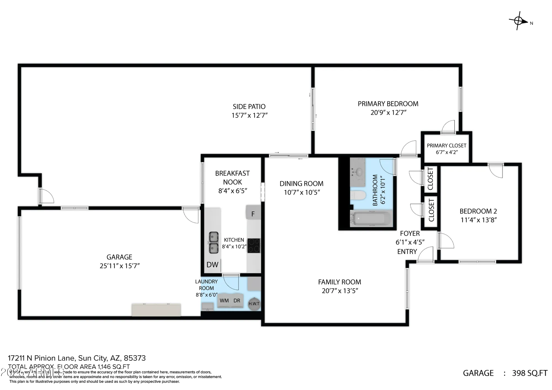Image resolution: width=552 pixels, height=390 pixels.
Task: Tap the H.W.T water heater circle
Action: click(x=254, y=304)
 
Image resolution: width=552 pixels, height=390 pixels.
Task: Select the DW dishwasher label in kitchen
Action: click(x=212, y=265)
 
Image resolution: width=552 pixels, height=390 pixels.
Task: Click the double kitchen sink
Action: click(x=213, y=242)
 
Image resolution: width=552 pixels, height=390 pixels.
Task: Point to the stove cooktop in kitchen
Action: click(x=253, y=245)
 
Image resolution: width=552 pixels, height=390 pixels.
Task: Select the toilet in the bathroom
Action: click(x=358, y=196)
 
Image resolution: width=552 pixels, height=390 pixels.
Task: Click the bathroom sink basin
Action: click(x=358, y=172)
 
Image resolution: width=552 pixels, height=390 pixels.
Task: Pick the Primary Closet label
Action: click(x=446, y=146)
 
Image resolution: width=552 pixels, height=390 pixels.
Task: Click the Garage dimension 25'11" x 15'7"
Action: click(x=120, y=266)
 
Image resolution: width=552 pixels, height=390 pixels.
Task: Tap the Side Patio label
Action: click(x=249, y=106)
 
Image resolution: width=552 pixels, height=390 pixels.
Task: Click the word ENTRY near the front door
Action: click(x=407, y=252)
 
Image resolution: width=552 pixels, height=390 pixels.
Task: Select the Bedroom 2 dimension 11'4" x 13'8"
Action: click(x=479, y=220)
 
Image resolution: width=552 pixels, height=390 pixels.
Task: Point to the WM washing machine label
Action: click(x=224, y=301)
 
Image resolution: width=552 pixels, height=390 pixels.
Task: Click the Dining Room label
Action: click(x=301, y=184)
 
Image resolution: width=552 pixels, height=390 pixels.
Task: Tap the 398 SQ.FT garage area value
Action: click(x=529, y=373)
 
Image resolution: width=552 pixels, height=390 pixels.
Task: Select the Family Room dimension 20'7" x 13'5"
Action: click(x=339, y=291)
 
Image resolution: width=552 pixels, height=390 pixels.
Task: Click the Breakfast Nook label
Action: click(x=232, y=178)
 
